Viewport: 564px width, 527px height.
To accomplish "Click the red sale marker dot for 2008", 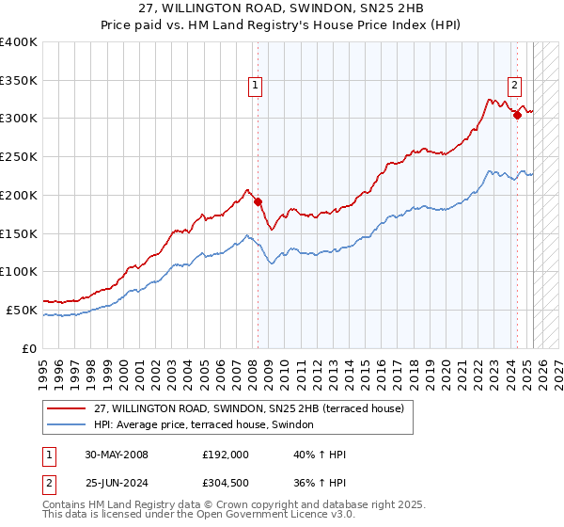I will click(x=258, y=200).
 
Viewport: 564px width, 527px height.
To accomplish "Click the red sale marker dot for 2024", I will click(x=517, y=115).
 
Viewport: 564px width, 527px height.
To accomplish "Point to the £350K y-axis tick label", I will click(x=19, y=80).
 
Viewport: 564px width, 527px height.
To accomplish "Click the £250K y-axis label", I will click(x=19, y=156).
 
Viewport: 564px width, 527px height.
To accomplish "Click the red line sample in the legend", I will click(x=65, y=408).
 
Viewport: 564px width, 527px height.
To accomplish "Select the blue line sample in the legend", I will click(x=65, y=424).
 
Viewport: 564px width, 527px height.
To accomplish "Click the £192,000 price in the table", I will click(x=226, y=455).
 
